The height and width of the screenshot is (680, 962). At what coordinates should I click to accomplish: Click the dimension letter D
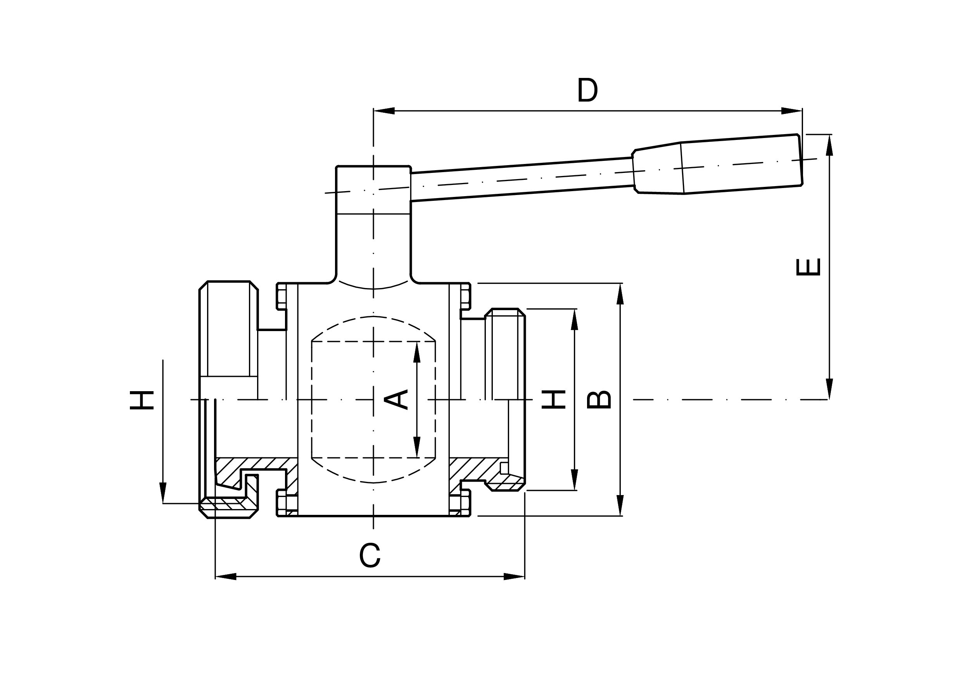click(x=587, y=89)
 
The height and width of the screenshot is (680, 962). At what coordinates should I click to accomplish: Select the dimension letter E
click(x=808, y=267)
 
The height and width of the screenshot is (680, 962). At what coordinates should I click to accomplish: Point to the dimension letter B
click(x=599, y=400)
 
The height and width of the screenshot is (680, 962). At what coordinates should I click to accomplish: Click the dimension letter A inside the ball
click(x=396, y=400)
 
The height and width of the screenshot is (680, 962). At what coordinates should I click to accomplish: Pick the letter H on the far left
click(x=142, y=400)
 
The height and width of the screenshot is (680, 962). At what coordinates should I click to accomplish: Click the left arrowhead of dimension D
click(x=384, y=110)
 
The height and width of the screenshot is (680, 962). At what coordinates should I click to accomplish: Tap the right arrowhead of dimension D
click(x=791, y=110)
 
